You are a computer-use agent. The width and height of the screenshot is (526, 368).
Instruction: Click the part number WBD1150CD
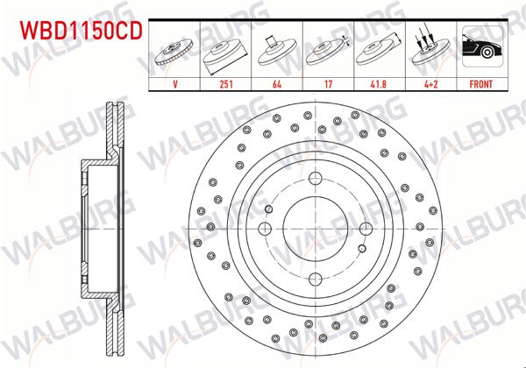[77, 32]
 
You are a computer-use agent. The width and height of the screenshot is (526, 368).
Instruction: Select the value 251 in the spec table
[227, 86]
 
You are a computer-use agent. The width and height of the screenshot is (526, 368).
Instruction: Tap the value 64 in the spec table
[277, 86]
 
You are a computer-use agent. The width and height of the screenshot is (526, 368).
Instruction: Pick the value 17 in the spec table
[327, 86]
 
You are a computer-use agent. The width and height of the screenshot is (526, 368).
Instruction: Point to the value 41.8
[379, 86]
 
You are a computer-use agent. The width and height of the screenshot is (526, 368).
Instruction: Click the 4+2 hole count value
[429, 86]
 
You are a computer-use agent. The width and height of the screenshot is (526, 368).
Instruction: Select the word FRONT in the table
[480, 86]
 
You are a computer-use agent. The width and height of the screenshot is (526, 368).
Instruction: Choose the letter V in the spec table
[175, 86]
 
